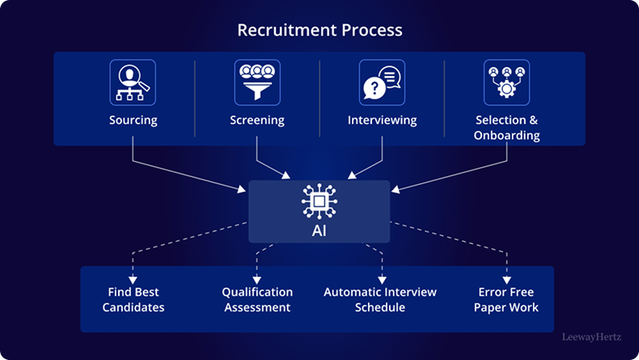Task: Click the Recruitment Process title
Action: [x=319, y=31]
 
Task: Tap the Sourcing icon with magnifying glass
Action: [x=133, y=83]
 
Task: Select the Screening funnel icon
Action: [x=257, y=83]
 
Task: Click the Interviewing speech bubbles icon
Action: [x=382, y=83]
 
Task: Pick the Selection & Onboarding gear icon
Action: [x=506, y=83]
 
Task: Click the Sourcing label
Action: [x=133, y=121]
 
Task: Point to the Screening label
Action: [x=257, y=121]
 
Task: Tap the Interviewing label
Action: [x=382, y=121]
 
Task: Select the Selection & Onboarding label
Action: [x=506, y=128]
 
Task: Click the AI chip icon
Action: [x=319, y=201]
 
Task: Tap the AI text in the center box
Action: [x=319, y=231]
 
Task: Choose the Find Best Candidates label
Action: [x=133, y=299]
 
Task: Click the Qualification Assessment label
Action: [x=257, y=299]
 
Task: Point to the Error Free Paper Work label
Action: [x=506, y=299]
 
